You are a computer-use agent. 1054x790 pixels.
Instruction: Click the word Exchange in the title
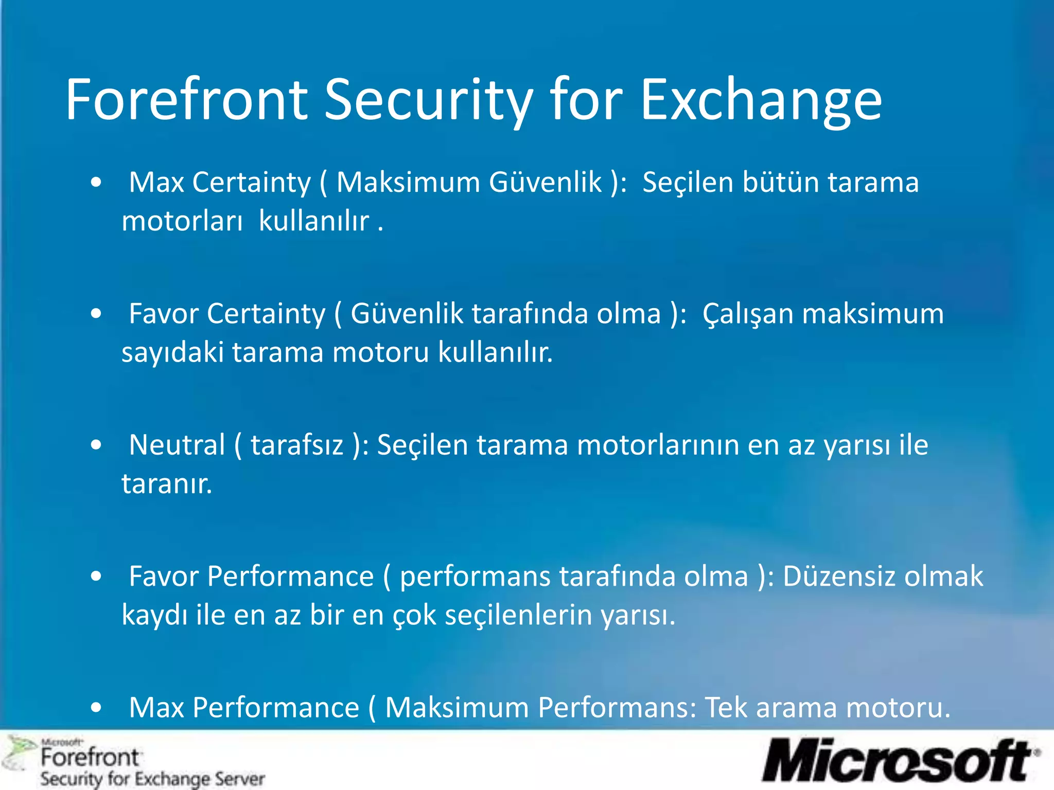click(x=761, y=100)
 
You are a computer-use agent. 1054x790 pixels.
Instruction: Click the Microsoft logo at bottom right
click(x=901, y=761)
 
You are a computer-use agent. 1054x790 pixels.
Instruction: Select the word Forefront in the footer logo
click(x=90, y=758)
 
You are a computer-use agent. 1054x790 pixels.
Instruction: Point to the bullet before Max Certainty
click(x=96, y=183)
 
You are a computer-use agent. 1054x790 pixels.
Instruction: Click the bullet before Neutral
click(x=96, y=445)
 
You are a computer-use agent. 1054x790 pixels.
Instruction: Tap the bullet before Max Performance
click(x=96, y=708)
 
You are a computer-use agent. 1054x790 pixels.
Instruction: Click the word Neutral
click(x=177, y=444)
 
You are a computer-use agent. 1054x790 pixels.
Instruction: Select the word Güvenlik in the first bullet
click(x=545, y=182)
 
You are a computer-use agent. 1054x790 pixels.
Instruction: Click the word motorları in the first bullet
click(x=182, y=221)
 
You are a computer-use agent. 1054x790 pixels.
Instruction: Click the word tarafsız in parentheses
click(x=297, y=444)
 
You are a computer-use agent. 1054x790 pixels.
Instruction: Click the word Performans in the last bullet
click(x=617, y=707)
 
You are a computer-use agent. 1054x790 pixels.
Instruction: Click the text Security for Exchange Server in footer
click(x=153, y=779)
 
